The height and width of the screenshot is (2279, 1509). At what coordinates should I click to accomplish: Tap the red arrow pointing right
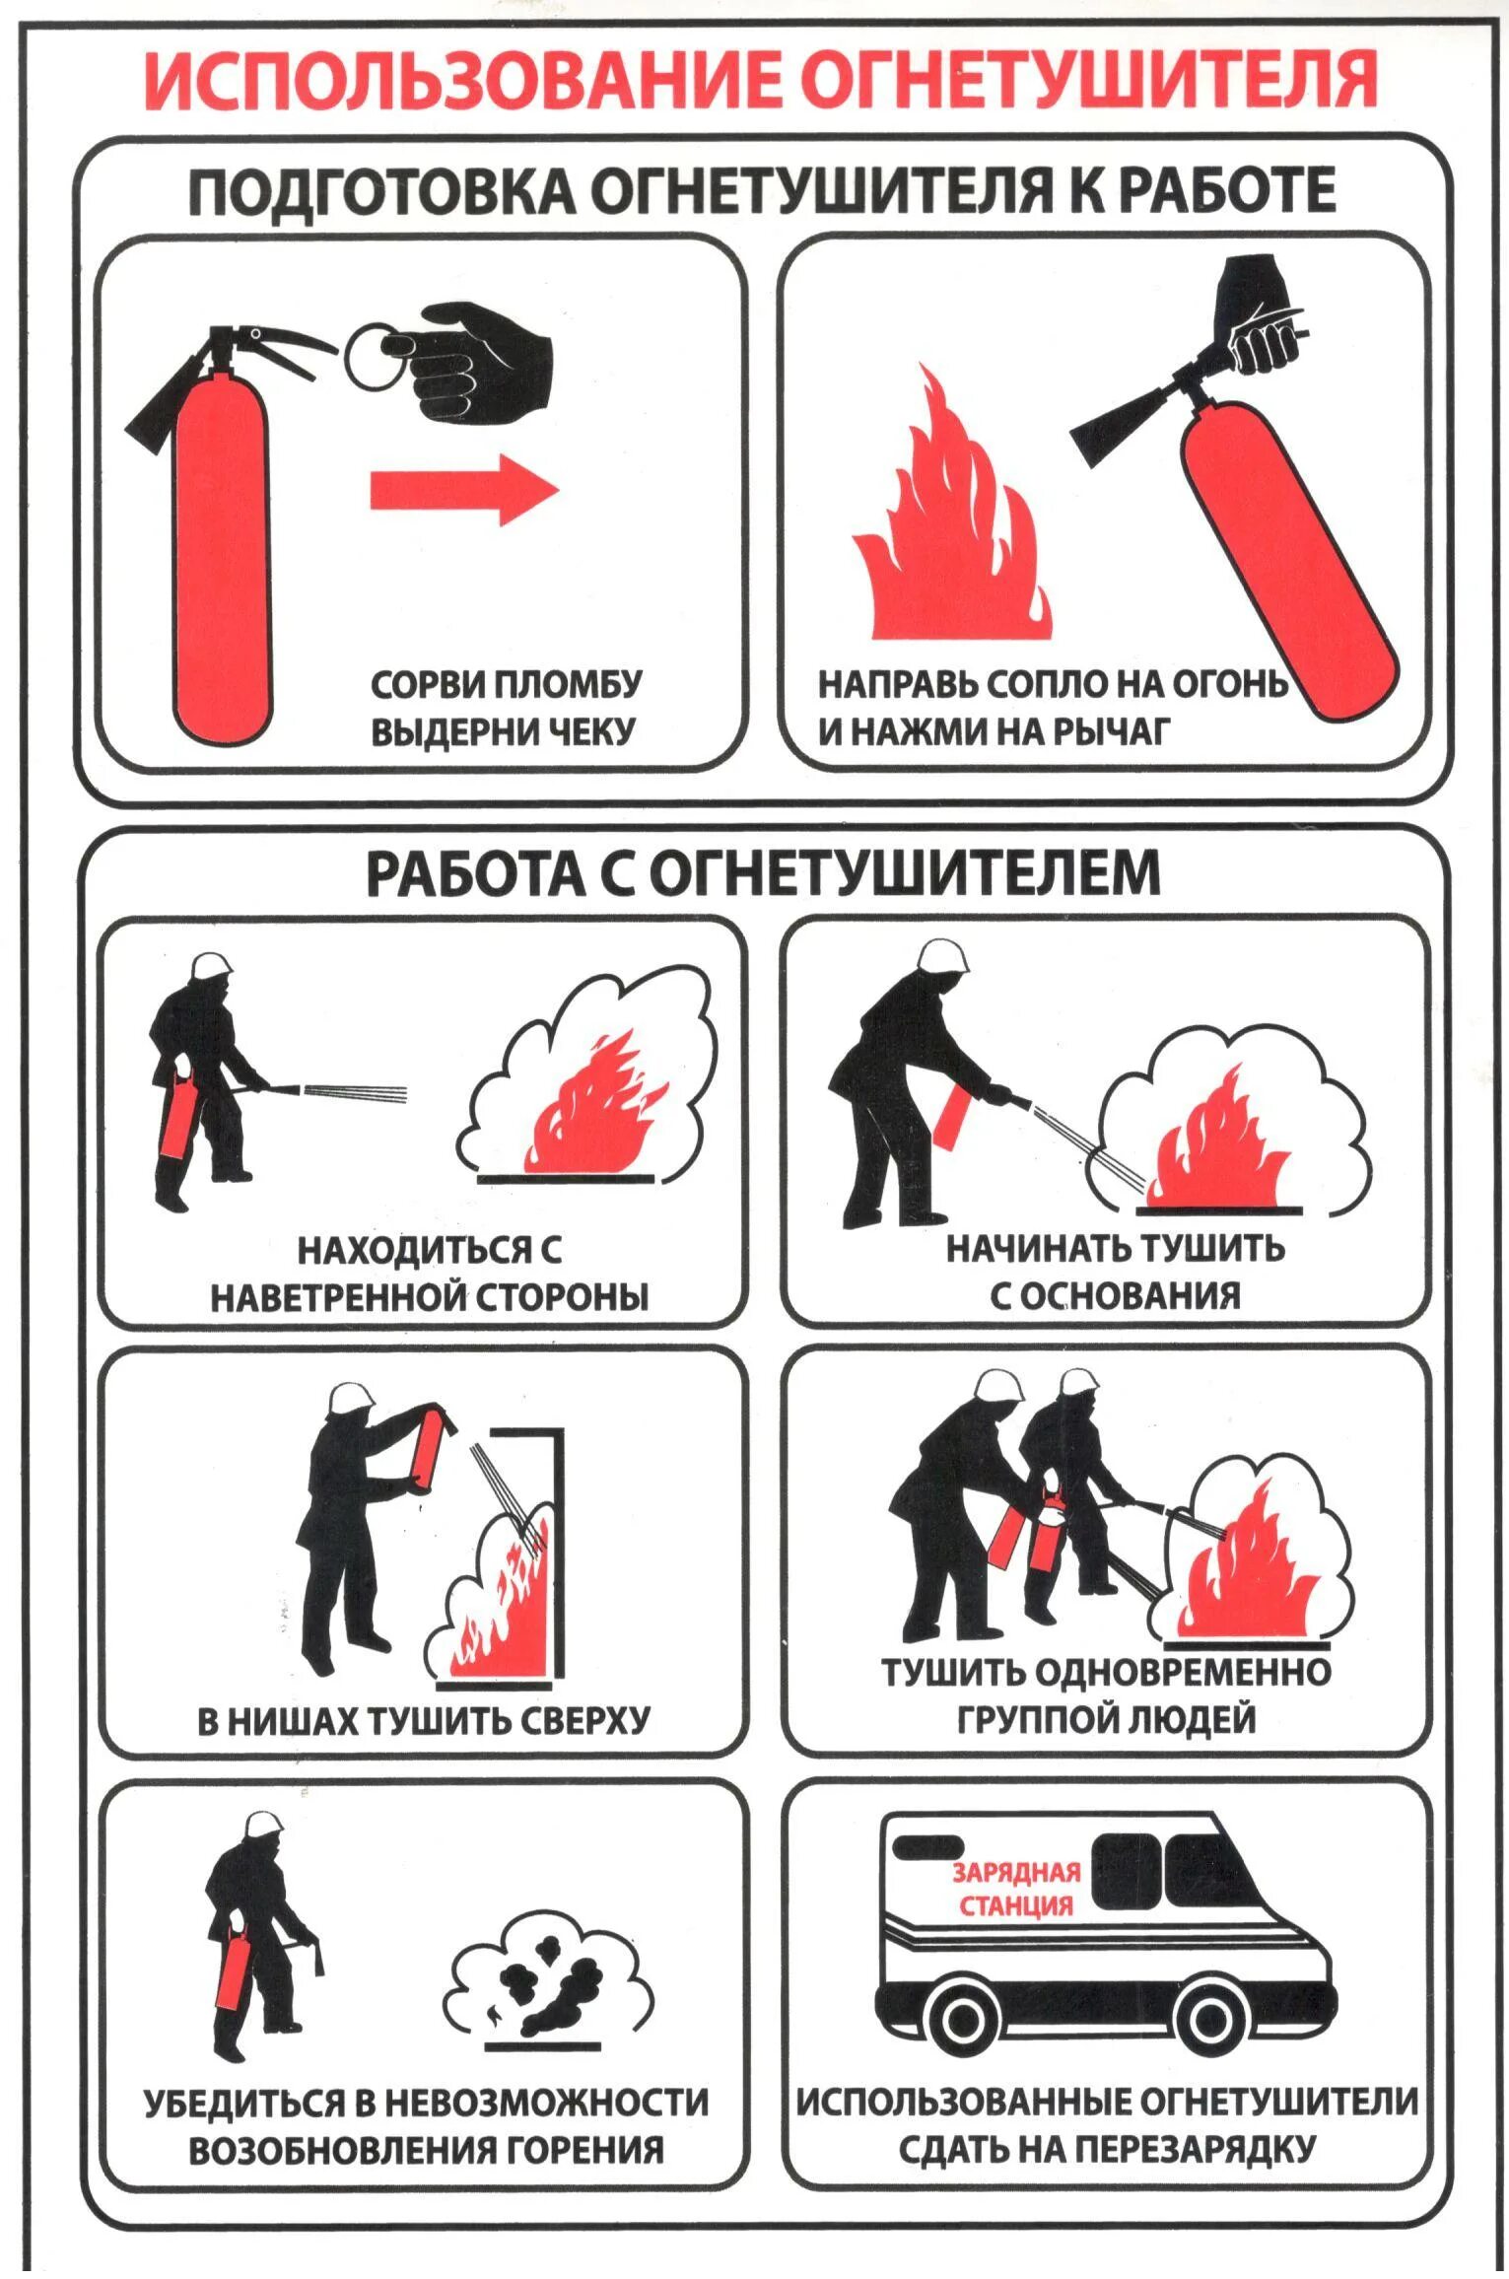click(x=464, y=489)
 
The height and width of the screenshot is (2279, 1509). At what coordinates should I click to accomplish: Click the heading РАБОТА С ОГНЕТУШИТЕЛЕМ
click(x=763, y=871)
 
